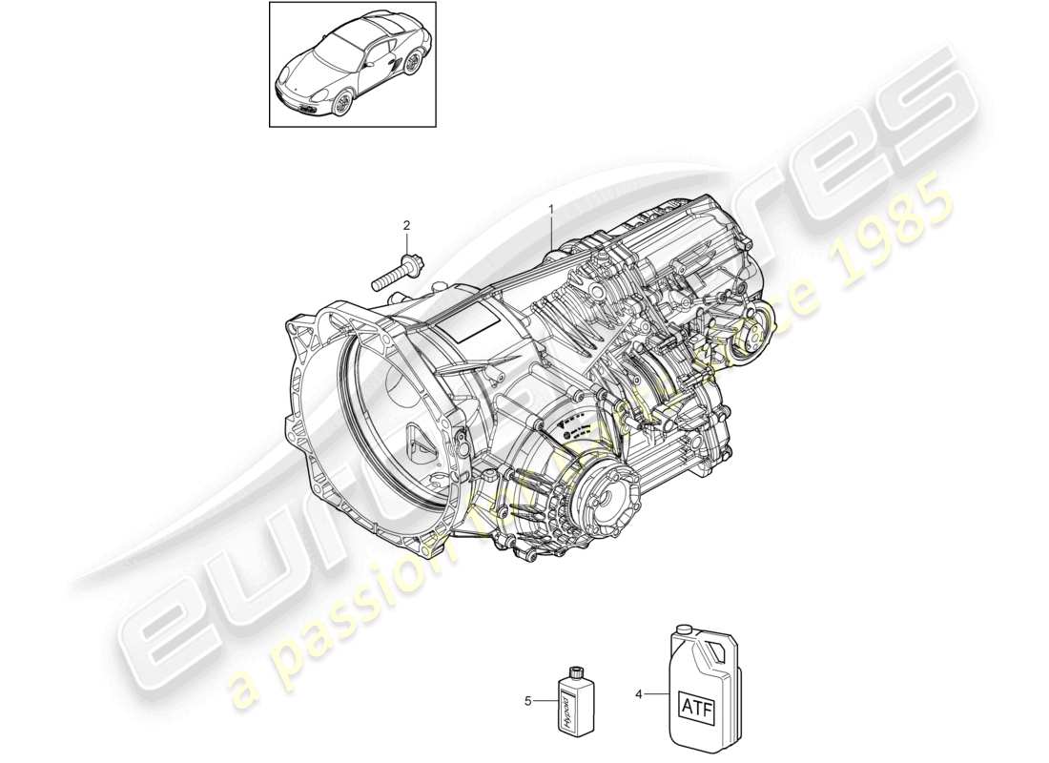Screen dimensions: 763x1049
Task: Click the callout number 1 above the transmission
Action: (x=550, y=208)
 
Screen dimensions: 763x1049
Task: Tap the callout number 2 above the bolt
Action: (x=406, y=225)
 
